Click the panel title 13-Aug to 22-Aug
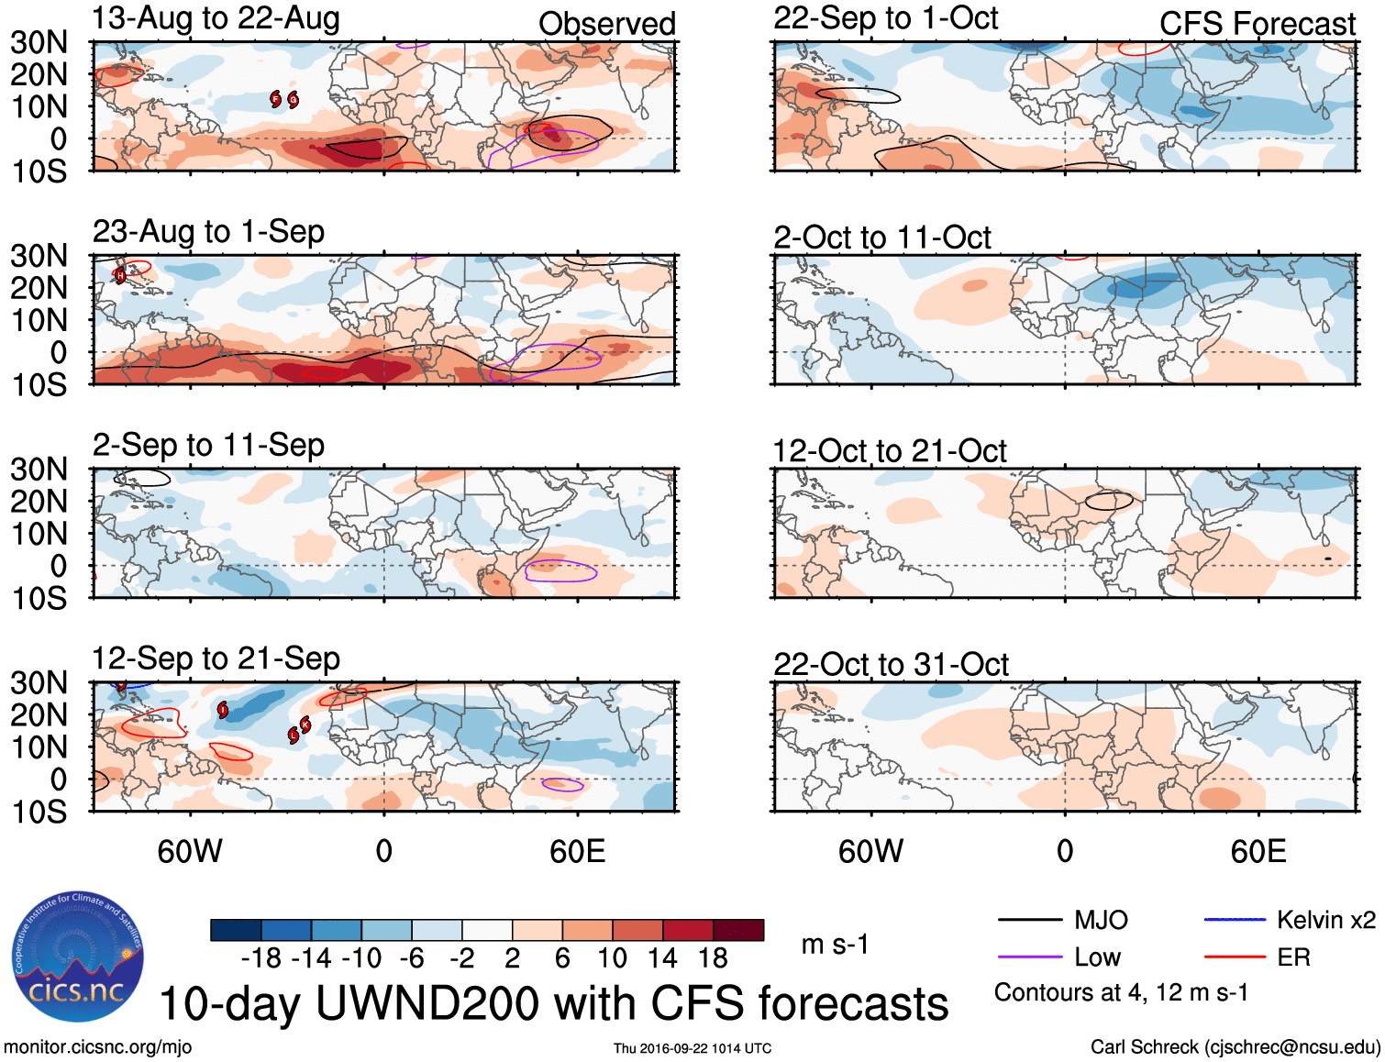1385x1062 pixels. [x=216, y=18]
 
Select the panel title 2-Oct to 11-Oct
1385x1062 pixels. [x=881, y=238]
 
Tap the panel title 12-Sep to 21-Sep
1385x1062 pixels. [x=216, y=658]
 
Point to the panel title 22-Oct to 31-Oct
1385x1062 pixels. [x=891, y=664]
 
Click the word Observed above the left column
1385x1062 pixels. [x=606, y=24]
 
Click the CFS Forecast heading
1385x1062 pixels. [x=1257, y=24]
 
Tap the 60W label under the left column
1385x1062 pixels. [x=190, y=851]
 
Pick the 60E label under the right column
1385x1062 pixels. [x=1258, y=851]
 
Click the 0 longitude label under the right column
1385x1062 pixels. [x=1064, y=851]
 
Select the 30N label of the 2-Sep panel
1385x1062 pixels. [x=39, y=470]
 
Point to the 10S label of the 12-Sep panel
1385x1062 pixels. [x=39, y=812]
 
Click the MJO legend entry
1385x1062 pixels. [x=1101, y=920]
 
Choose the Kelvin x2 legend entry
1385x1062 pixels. [x=1325, y=920]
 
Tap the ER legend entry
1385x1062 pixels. [x=1293, y=957]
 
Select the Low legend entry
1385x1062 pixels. [x=1097, y=957]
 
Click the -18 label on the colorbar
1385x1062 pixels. [x=260, y=958]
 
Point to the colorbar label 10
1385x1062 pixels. [x=612, y=958]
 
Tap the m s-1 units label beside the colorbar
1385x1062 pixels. [x=835, y=944]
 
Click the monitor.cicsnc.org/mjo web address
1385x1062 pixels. [x=98, y=1047]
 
